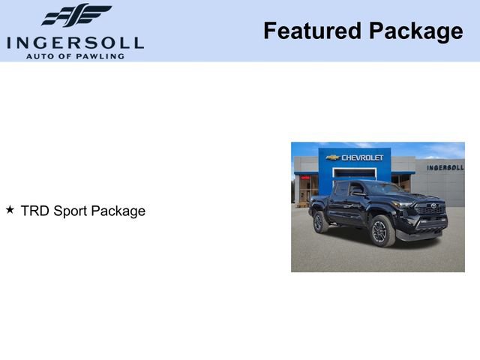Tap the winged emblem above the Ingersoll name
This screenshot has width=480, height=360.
coord(76,16)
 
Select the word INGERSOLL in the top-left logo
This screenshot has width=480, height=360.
coord(75,42)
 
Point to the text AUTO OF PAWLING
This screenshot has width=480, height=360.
coord(75,55)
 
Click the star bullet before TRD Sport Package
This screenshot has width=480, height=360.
coord(10,210)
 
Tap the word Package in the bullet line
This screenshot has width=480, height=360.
coord(118,211)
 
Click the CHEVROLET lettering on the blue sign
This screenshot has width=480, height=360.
coord(362,157)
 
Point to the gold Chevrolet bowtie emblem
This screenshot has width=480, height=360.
coord(333,157)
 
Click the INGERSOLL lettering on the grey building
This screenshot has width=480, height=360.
coord(445,167)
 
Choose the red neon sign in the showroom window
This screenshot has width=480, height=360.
coord(305,178)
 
